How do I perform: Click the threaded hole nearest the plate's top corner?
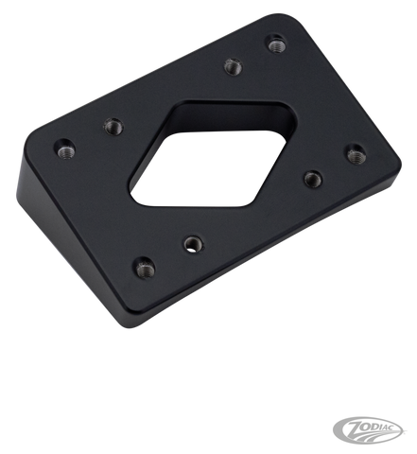(x=275, y=43)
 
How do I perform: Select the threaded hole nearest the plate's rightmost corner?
(x=354, y=151)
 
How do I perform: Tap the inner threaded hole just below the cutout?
(x=192, y=243)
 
